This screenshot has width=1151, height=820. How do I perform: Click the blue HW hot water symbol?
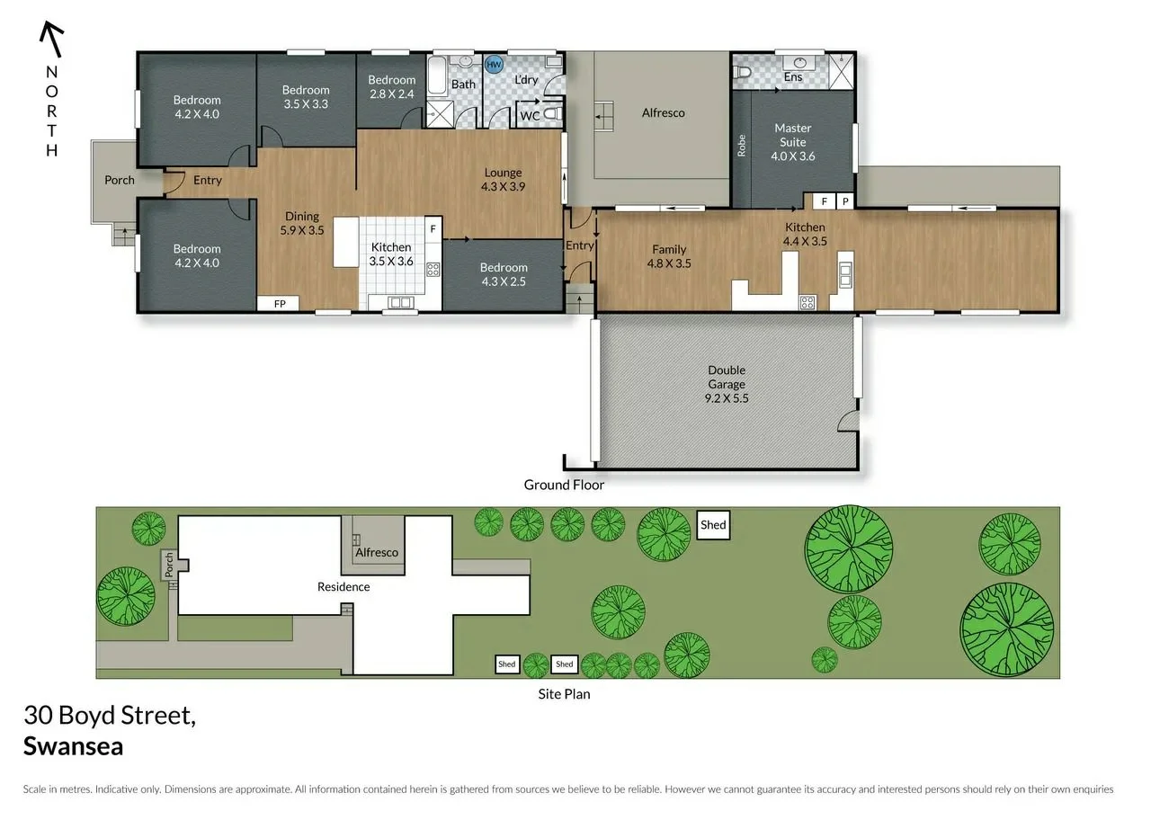[x=494, y=65]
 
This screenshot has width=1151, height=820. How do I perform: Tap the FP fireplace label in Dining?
[x=280, y=304]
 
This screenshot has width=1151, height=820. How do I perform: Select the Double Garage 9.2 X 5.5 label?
[x=727, y=377]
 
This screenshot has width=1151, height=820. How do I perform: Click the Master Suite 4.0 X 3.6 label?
[x=792, y=142]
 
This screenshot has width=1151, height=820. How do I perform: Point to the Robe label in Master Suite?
[x=742, y=146]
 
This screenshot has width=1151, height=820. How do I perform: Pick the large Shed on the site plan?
[x=713, y=525]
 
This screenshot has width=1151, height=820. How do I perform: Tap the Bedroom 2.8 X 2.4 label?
[x=392, y=86]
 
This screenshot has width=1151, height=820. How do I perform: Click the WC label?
[x=531, y=116]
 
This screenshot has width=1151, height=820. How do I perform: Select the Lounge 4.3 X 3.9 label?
[x=504, y=179]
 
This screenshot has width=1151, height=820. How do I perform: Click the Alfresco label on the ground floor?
[x=664, y=112]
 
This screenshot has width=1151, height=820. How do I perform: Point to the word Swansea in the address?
[x=73, y=746]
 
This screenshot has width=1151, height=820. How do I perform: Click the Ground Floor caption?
[x=564, y=485]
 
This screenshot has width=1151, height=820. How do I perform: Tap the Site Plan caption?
[x=564, y=693]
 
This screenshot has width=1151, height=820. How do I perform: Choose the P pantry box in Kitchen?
[x=844, y=201]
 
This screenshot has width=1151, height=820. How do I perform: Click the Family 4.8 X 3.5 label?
[x=669, y=256]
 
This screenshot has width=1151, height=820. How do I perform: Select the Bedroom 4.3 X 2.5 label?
[x=504, y=274]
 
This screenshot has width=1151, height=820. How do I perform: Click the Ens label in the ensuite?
[x=792, y=77]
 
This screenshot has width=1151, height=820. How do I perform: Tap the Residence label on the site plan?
[x=344, y=586]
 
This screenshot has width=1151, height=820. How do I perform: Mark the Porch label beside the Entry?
[x=120, y=180]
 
